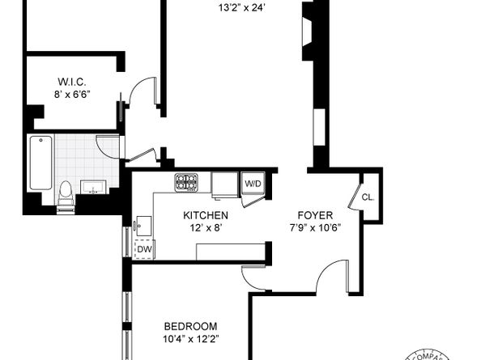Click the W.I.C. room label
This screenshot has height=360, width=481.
[x=72, y=82]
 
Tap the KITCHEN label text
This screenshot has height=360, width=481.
[x=205, y=216]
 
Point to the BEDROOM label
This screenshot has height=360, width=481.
[x=189, y=326]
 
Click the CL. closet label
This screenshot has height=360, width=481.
[x=368, y=197]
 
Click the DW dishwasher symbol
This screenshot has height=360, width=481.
[x=143, y=249]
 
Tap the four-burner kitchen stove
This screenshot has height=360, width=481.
[x=187, y=183]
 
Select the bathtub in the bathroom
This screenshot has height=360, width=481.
[x=40, y=163]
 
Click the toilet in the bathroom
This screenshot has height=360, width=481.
[x=66, y=195]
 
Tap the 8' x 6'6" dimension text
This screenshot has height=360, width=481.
[x=72, y=94]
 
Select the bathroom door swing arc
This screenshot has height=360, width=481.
[x=108, y=146]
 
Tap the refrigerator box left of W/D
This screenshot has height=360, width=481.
[x=224, y=184]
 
